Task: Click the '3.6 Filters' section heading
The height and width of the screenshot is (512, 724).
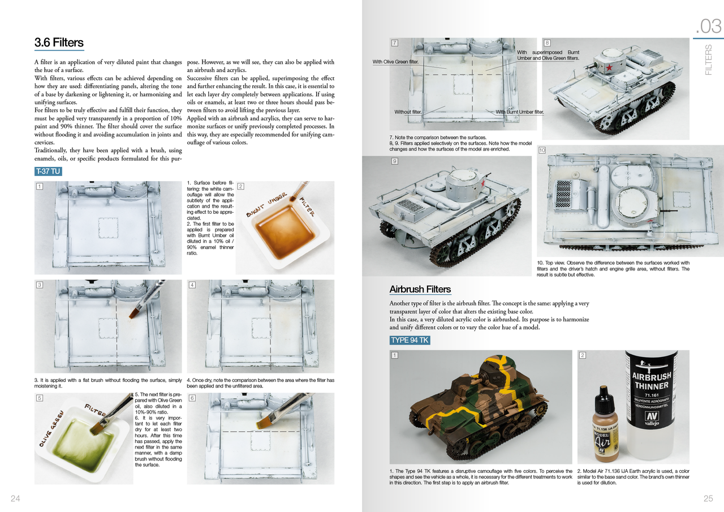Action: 59,42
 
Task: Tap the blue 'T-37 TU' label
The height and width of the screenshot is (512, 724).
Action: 48,171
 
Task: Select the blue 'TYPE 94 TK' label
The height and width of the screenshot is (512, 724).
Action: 410,340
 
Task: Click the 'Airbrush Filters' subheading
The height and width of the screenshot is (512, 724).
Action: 420,289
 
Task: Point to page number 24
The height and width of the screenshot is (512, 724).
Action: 15,498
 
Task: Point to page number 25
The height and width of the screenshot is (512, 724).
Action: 708,498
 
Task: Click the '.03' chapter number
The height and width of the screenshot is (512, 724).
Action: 708,27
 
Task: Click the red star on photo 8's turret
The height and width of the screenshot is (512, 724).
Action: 609,68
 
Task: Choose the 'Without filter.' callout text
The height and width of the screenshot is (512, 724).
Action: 408,112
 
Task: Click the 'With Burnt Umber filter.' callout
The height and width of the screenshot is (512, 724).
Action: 519,112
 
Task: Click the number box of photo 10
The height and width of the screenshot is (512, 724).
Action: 542,150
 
